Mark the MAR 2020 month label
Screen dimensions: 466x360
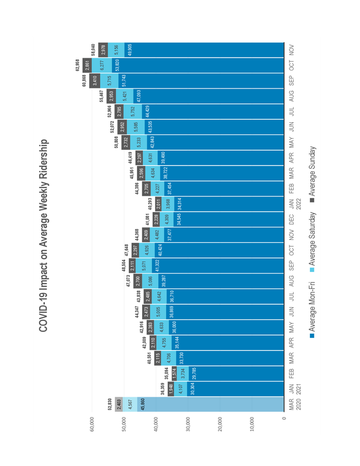tap(295, 405)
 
